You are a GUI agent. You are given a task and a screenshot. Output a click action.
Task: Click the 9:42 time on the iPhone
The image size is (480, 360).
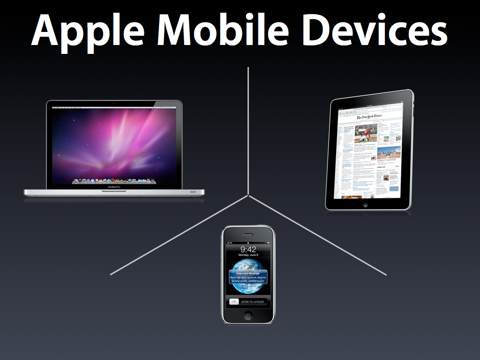[248, 249]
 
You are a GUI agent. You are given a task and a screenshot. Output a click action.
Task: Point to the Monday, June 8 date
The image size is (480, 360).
[248, 255]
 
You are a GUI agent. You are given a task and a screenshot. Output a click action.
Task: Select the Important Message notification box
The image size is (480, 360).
[248, 277]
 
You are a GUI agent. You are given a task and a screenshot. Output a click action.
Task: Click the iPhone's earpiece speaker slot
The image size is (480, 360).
[248, 233]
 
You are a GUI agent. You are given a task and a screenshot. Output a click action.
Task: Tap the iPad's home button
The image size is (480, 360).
[366, 204]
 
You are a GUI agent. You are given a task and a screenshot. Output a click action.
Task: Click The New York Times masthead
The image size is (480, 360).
[369, 117]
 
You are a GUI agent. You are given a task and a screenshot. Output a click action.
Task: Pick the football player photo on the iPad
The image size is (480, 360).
[366, 133]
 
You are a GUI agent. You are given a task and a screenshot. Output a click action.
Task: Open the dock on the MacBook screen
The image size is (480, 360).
[114, 180]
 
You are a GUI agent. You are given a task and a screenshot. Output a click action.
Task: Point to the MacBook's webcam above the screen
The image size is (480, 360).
[114, 103]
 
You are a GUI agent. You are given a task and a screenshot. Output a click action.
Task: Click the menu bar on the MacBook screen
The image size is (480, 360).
[114, 107]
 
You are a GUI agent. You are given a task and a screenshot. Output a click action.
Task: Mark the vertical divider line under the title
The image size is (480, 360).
[248, 131]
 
